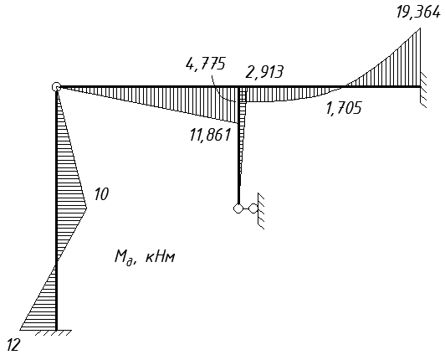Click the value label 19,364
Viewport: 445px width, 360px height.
418,13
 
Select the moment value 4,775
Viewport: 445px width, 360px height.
206,64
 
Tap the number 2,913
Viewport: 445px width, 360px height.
264,72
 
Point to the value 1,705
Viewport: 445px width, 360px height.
344,108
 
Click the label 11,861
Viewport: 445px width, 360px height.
210,135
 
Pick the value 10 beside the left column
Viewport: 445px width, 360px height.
101,194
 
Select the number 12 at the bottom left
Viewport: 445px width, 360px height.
13,345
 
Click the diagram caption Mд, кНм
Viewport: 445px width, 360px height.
145,257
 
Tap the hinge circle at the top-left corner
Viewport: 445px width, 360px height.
57,87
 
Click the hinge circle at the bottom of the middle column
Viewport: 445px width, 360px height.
238,208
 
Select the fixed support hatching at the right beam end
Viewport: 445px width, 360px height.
423,90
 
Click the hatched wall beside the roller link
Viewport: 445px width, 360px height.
261,210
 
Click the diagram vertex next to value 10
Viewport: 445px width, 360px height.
86,208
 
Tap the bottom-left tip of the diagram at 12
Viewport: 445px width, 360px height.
20,330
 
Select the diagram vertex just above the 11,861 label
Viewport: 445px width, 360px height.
238,123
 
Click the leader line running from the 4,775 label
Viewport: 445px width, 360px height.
220,90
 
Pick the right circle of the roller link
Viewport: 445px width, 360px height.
253,208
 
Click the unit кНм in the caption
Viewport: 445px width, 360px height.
161,257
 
